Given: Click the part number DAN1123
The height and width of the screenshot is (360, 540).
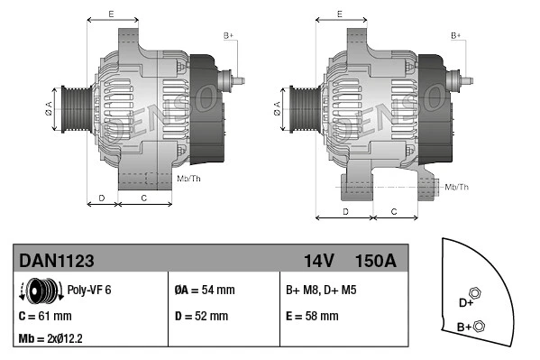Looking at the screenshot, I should (56, 261).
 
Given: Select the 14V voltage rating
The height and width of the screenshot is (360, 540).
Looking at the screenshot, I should (318, 261).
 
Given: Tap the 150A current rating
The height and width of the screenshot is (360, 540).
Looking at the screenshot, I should (376, 261).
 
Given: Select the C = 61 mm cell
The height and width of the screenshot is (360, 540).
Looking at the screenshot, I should (45, 317).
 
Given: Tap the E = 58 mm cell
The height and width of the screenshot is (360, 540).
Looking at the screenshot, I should (312, 317).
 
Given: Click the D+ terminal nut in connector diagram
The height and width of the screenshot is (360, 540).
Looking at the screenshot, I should (477, 294).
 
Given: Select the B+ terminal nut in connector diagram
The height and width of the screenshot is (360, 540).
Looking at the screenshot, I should (480, 326).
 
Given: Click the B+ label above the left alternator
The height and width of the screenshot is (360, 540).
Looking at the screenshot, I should (228, 35).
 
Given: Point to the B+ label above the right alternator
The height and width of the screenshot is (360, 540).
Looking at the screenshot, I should (456, 35).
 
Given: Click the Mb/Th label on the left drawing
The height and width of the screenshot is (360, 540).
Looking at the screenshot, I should (189, 178).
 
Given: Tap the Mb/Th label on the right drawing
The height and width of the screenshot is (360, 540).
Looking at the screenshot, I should (456, 187).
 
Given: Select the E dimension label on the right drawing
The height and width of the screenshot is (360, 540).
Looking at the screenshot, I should (338, 14).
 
